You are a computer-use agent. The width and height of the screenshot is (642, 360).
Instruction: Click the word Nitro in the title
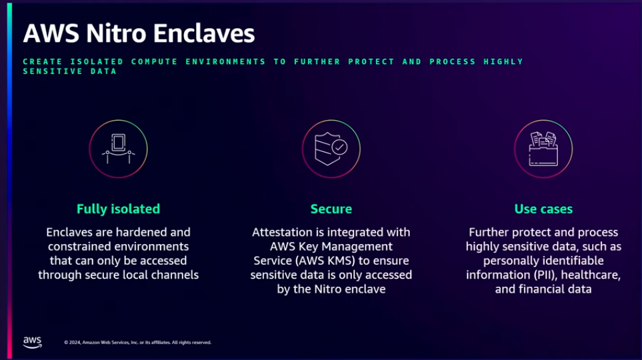coord(116,33)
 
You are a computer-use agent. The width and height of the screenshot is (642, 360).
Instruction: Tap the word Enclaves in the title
coord(204,33)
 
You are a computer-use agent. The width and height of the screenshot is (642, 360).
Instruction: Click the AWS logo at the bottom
coord(33,343)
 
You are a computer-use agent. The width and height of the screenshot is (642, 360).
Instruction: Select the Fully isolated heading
coord(118,209)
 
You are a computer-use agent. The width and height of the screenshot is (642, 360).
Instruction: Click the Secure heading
coord(331,209)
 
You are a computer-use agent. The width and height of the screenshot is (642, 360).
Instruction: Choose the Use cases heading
coord(543,209)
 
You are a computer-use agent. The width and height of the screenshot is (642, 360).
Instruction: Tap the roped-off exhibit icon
coord(118,149)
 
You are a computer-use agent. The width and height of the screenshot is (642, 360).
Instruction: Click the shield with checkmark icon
coord(331,149)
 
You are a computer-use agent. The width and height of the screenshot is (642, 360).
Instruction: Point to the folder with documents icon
coord(543,149)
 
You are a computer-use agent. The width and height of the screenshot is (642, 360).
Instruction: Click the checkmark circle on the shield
coord(339,147)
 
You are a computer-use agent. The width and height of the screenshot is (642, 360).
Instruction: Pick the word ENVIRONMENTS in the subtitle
coord(225,62)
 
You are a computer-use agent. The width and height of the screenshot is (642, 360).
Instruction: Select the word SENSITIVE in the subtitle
coord(53,71)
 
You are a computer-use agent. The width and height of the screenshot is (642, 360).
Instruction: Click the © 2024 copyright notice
coord(137,343)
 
